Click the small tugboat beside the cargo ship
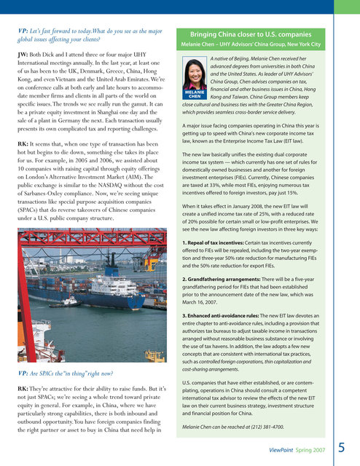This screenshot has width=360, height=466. coord(68,301)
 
